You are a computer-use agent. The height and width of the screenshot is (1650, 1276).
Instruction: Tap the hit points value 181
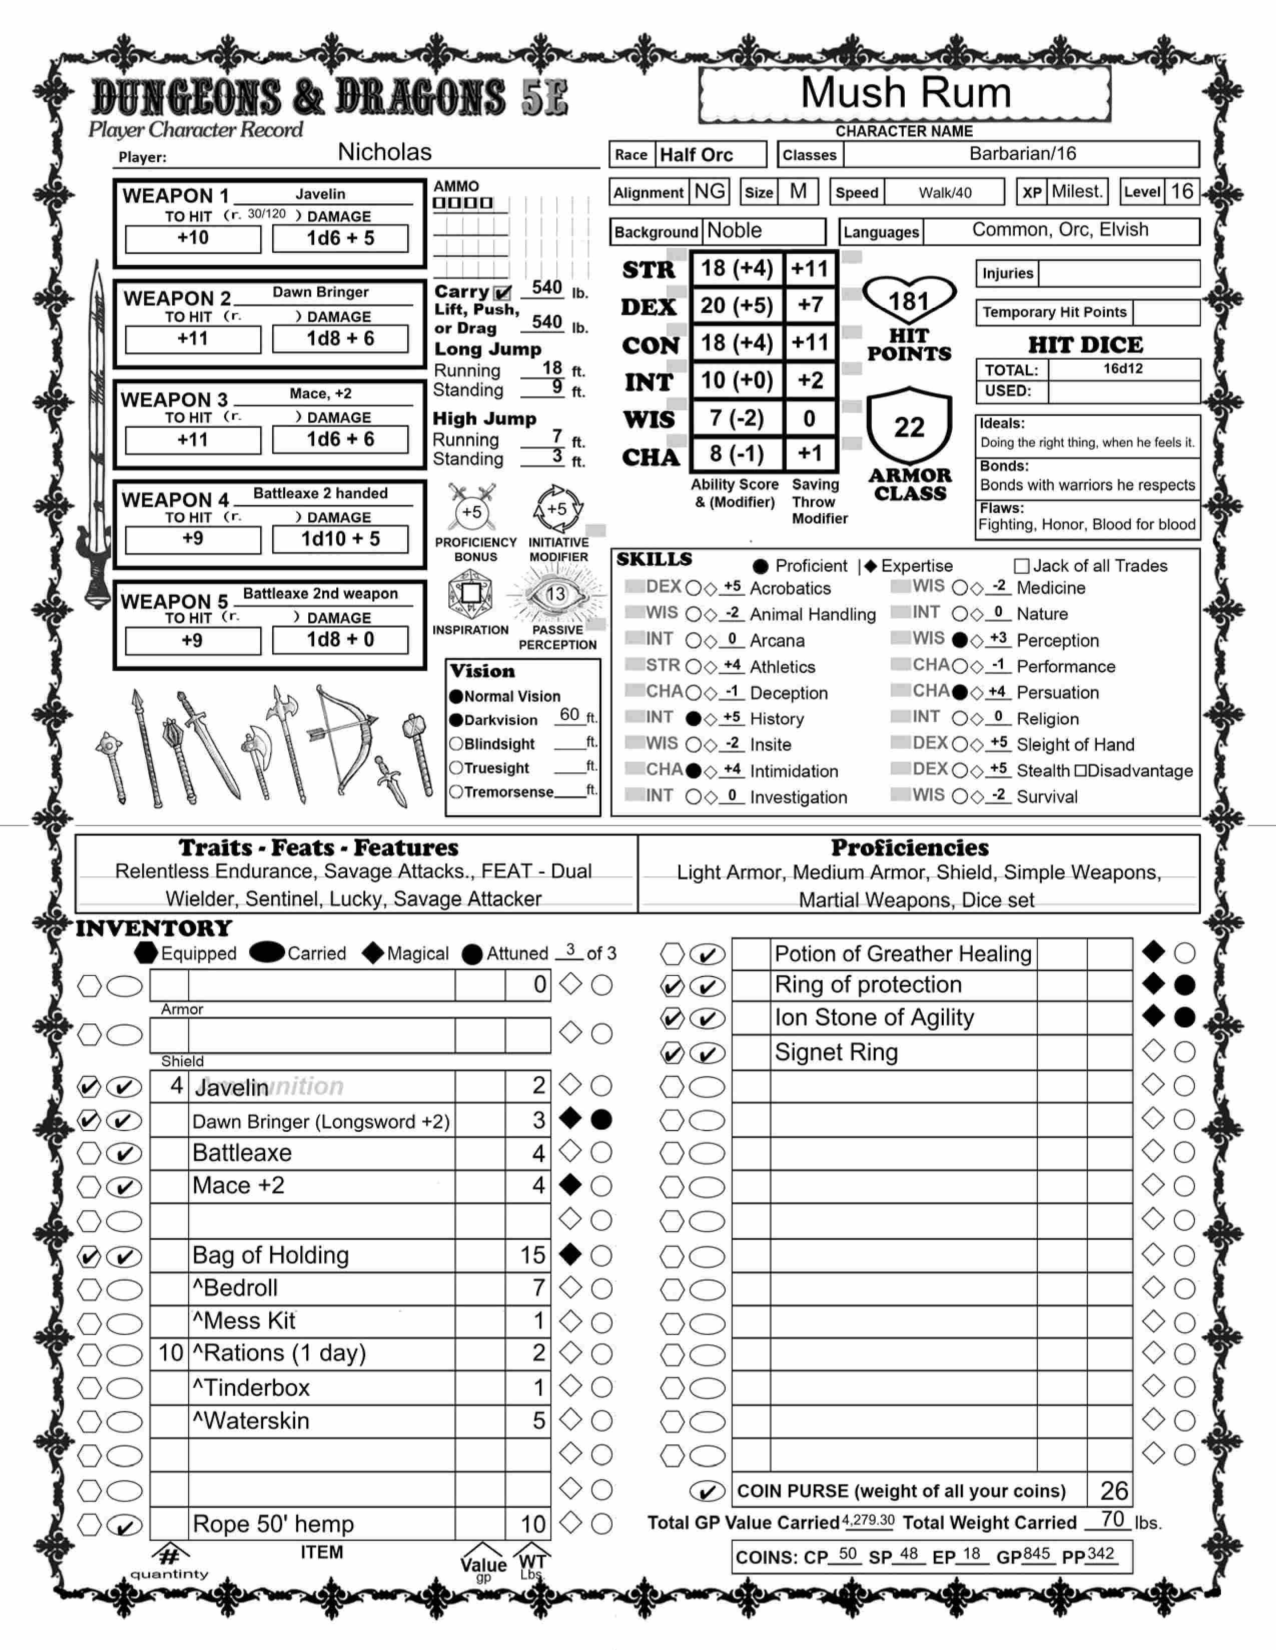(x=909, y=302)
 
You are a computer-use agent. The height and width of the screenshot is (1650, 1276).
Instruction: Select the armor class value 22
(x=909, y=427)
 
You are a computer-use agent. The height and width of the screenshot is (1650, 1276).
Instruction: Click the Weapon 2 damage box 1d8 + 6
(x=340, y=338)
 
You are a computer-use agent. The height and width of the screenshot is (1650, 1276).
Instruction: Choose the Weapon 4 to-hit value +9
(x=193, y=538)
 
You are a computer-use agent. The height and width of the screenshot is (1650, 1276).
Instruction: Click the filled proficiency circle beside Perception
(x=959, y=640)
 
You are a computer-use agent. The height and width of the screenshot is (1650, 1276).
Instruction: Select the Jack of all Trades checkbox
(x=1021, y=566)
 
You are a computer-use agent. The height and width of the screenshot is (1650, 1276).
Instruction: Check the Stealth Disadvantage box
(x=1080, y=770)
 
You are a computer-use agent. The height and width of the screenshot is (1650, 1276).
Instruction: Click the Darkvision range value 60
(x=569, y=714)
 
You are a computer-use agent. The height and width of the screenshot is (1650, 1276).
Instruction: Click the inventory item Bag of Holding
(x=271, y=1255)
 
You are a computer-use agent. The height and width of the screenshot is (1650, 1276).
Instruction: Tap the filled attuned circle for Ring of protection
(x=1184, y=985)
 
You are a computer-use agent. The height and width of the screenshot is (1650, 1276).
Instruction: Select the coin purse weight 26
(x=1113, y=1490)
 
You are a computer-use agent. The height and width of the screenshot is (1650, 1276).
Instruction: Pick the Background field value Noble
(x=734, y=230)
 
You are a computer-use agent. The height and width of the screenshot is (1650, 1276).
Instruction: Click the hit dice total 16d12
(x=1122, y=368)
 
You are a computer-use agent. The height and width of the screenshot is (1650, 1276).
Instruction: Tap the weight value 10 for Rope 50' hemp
(x=532, y=1524)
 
